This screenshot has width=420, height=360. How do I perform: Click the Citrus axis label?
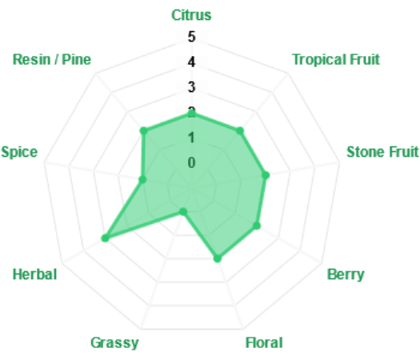click(191, 15)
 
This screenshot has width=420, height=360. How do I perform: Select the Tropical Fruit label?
click(336, 59)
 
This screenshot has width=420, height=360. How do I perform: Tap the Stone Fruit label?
click(382, 152)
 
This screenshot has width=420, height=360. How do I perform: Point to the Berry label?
click(346, 274)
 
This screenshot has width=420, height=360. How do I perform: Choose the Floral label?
click(264, 342)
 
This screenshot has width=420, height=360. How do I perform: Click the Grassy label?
click(114, 343)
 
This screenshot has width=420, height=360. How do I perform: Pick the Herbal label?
click(35, 274)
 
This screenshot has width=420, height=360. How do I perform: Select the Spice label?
click(19, 153)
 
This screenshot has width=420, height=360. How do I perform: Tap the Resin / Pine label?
click(52, 59)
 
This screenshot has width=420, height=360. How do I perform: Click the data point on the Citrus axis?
click(192, 114)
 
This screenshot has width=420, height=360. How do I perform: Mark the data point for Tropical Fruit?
click(240, 131)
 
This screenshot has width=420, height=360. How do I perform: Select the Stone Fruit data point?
click(266, 175)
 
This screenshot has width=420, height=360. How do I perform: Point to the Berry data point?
click(257, 226)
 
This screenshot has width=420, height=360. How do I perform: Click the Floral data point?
click(218, 258)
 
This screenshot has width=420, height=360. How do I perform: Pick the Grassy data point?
click(183, 212)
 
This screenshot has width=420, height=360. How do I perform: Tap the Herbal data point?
click(106, 238)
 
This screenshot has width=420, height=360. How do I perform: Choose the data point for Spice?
click(142, 179)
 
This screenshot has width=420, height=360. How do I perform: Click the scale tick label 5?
click(191, 37)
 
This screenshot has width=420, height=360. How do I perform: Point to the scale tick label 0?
click(191, 162)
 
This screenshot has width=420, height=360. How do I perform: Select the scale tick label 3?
click(191, 87)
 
